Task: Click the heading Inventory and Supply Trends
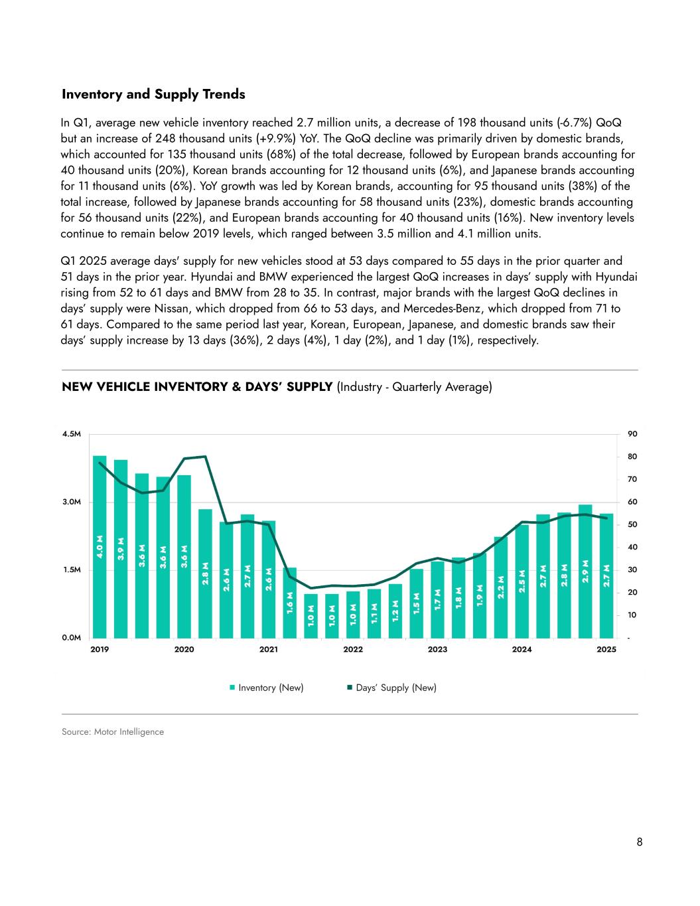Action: pos(153,94)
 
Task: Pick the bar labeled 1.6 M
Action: pos(290,603)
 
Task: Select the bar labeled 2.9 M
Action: pos(585,571)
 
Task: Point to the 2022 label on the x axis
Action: pos(353,650)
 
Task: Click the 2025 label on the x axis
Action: pos(606,650)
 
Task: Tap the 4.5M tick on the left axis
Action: pos(71,434)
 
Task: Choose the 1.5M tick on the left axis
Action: pos(71,570)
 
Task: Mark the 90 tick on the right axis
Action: pos(632,434)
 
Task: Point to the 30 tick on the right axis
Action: pos(632,570)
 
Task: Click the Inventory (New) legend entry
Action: pos(267,688)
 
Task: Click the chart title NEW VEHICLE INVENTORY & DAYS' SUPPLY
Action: pos(197,386)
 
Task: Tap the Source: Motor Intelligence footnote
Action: pos(113,732)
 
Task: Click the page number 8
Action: pos(640,843)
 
